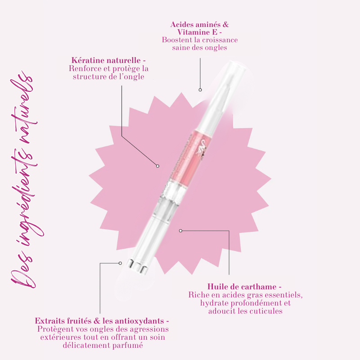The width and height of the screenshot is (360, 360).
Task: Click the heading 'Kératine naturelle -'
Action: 108,60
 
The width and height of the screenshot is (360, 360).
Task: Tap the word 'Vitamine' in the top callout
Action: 197,32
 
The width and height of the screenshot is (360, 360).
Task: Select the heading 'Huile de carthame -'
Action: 244,287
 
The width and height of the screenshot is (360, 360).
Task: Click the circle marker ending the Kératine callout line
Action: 157,166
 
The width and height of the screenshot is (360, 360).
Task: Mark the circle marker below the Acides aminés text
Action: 200,90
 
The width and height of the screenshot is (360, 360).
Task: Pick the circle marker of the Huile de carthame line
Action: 180,230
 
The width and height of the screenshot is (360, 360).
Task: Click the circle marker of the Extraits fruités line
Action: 120,263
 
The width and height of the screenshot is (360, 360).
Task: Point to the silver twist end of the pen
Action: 138,267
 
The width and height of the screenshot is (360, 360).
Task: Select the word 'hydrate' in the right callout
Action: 215,303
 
